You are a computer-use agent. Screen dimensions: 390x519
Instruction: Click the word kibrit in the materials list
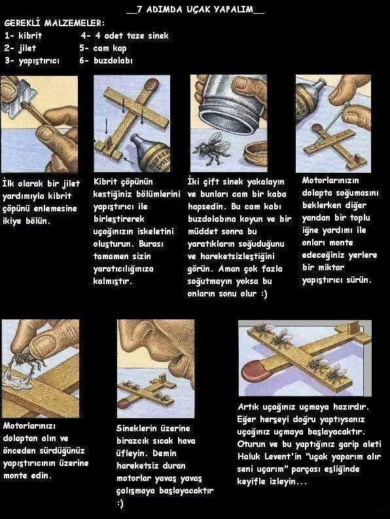click(x=30, y=35)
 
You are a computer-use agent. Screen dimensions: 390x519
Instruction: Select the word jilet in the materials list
click(x=27, y=48)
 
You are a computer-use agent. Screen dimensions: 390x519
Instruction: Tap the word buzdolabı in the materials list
click(x=113, y=61)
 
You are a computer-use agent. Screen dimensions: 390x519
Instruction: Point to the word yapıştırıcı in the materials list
click(x=39, y=62)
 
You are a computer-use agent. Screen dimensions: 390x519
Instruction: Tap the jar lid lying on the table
click(x=255, y=154)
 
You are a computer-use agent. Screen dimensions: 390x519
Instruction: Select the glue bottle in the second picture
click(x=151, y=153)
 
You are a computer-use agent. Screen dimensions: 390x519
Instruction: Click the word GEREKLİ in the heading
click(x=22, y=23)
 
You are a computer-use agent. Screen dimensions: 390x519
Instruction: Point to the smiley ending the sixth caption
click(x=120, y=503)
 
